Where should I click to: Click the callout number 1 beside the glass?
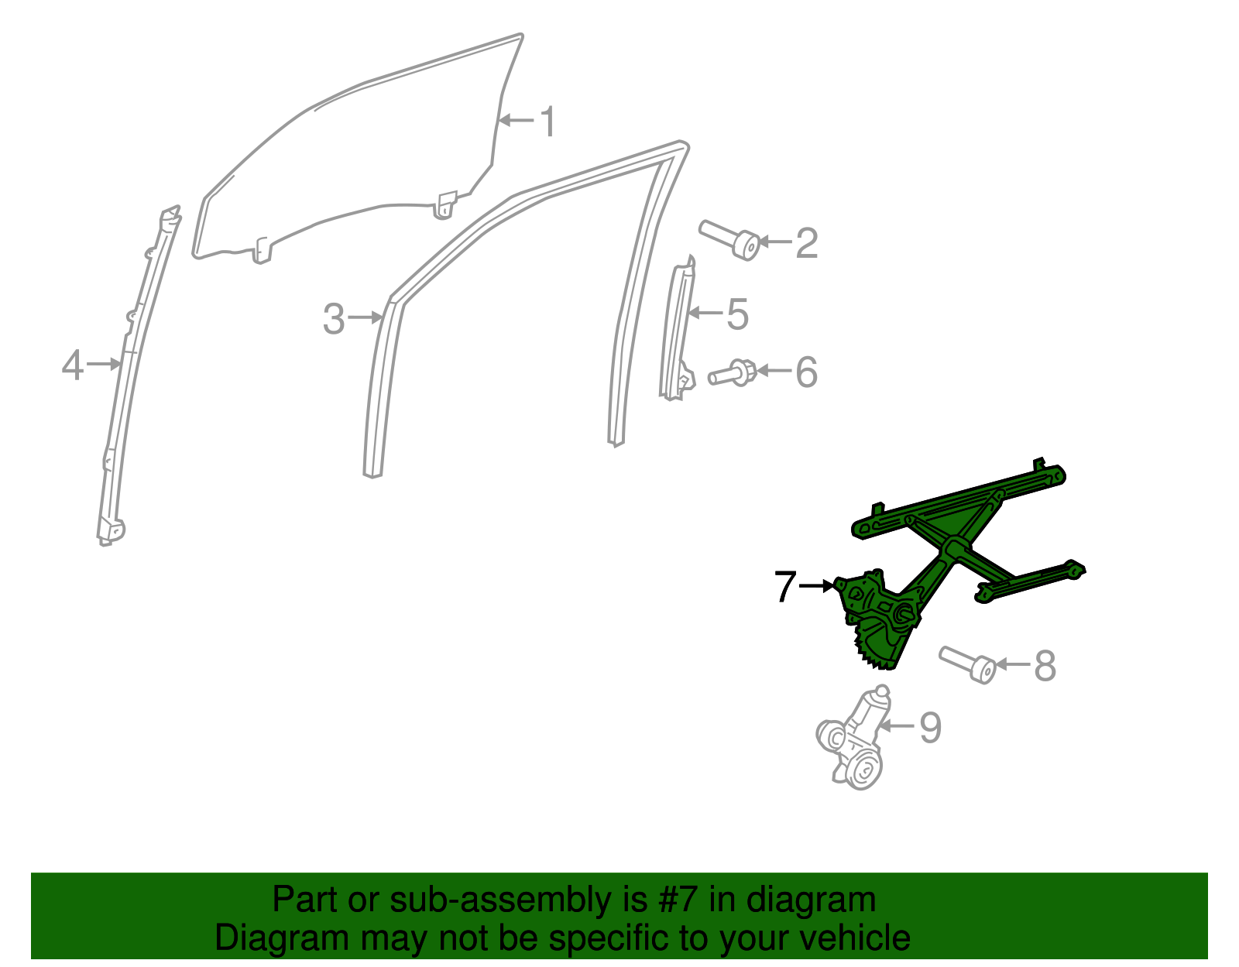(x=547, y=122)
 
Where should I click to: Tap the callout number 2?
(x=806, y=243)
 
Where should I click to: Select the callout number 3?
(x=333, y=319)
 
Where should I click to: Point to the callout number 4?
(x=72, y=365)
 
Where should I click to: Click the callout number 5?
(x=737, y=314)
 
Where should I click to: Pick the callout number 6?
(x=806, y=372)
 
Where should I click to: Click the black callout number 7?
(x=784, y=587)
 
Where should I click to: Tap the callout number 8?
(x=1045, y=666)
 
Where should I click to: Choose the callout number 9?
(x=929, y=728)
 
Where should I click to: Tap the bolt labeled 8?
(x=968, y=664)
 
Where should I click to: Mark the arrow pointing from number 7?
(x=816, y=586)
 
